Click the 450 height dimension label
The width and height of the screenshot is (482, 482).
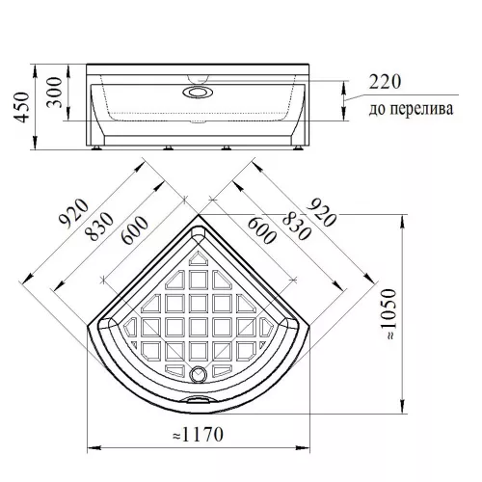point(22,107)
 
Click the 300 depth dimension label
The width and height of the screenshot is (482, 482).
point(54,93)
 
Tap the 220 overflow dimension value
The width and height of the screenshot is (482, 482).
point(385,82)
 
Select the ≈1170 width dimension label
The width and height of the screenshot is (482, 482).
point(198,435)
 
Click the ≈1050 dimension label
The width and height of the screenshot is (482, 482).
point(389,314)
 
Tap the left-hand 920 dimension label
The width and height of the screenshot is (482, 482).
point(73,214)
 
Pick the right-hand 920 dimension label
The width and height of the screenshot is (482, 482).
point(321,212)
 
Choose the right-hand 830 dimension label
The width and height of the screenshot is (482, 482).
point(296,226)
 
